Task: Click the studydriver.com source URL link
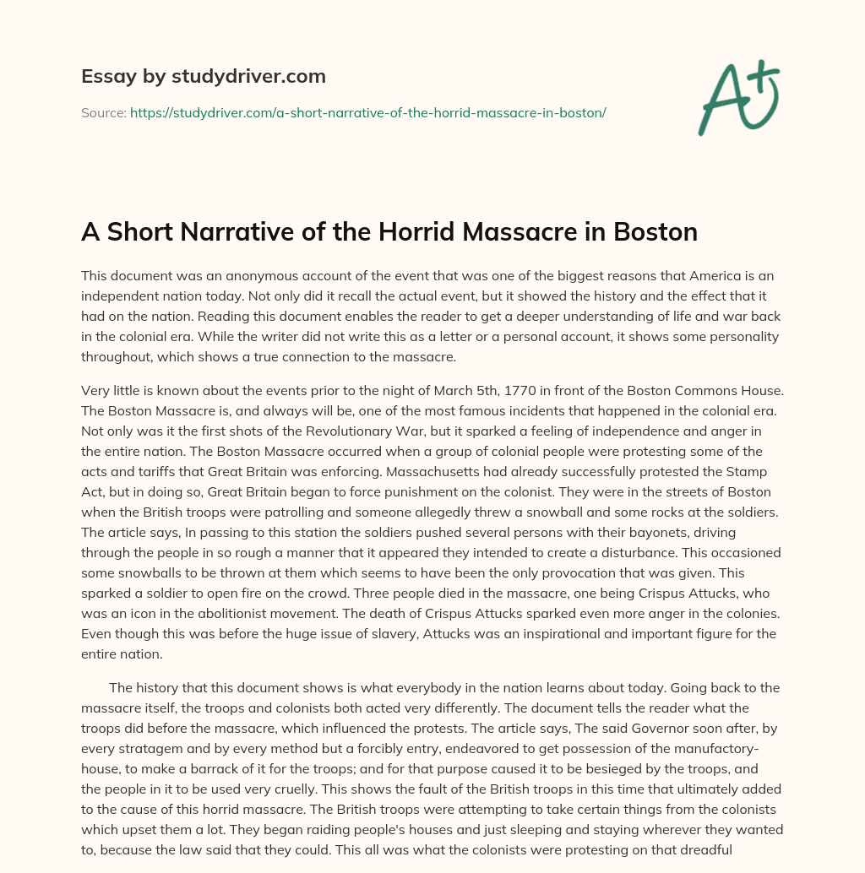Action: click(368, 112)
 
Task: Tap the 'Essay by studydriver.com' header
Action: click(204, 76)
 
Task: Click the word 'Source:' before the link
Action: click(103, 112)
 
